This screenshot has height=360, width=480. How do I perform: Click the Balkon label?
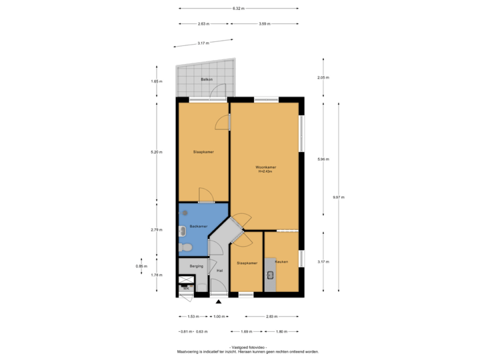(206, 80)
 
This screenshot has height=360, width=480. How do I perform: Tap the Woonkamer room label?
(266, 167)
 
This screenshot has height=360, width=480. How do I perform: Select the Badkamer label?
(198, 227)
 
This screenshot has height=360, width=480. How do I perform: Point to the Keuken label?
(281, 261)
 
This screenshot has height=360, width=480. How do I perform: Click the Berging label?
(196, 266)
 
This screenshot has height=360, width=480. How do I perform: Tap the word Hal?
(219, 271)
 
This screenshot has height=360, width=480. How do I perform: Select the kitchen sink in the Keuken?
(271, 274)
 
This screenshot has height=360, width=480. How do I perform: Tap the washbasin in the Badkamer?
(183, 231)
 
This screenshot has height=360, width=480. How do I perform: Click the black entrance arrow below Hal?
(219, 302)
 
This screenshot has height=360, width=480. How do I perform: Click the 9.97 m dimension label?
(338, 197)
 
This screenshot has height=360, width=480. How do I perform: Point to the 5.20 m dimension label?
(157, 153)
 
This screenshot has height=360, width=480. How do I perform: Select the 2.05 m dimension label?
(323, 77)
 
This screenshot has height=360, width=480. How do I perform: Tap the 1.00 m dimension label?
(219, 317)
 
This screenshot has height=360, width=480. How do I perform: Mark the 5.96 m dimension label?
(323, 159)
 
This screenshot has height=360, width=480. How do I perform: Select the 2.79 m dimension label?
(157, 230)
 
